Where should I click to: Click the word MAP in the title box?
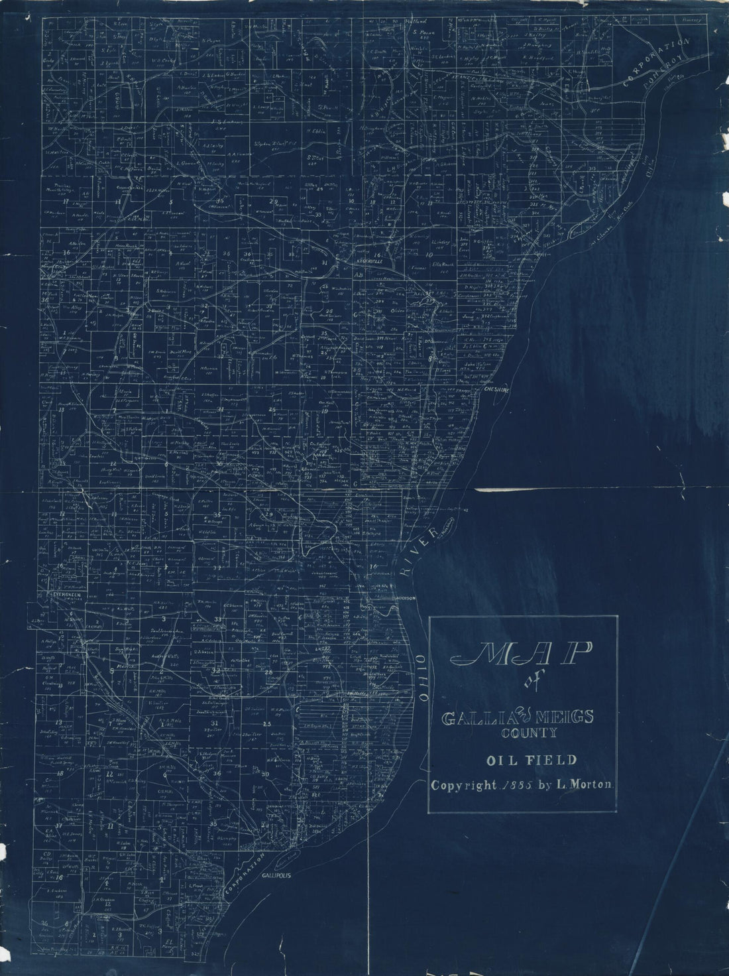[523, 656]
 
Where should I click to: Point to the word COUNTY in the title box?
[523, 734]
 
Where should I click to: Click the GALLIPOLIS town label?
[278, 875]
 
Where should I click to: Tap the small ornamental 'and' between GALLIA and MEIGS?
[521, 716]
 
